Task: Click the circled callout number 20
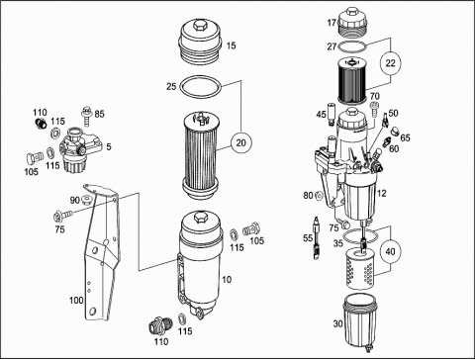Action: pos(241,142)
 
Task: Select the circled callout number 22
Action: pos(390,62)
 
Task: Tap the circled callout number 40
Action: pos(390,251)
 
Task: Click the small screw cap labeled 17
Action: pos(352,24)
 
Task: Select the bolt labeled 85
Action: pos(86,116)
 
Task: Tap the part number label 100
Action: pos(76,301)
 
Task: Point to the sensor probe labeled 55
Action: pos(316,237)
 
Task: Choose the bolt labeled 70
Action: pos(374,110)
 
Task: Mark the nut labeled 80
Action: pos(319,196)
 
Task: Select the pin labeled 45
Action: pos(331,115)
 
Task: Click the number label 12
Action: pos(381,193)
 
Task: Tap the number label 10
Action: pos(227,280)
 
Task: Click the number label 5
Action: pos(109,146)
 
